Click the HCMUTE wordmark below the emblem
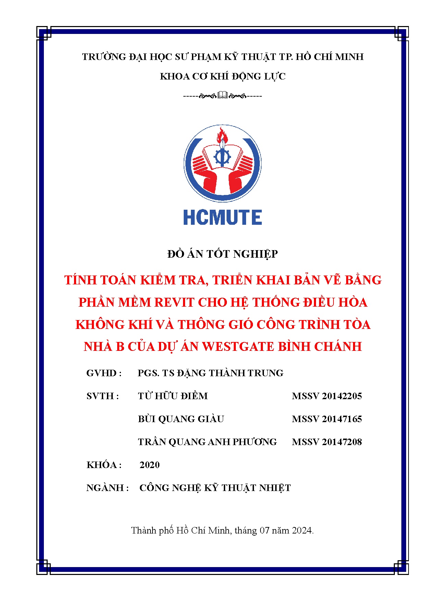pos(222,218)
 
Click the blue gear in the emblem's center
pos(222,157)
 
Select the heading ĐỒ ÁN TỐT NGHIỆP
pos(222,254)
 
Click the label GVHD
pos(102,373)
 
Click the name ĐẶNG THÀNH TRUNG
pos(230,373)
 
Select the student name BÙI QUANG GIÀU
pos(181,419)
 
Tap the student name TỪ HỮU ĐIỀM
pos(173,396)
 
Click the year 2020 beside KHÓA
pos(149,465)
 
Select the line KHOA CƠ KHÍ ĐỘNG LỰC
pos(222,76)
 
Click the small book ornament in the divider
pos(222,95)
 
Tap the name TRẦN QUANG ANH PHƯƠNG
pos(207,442)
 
